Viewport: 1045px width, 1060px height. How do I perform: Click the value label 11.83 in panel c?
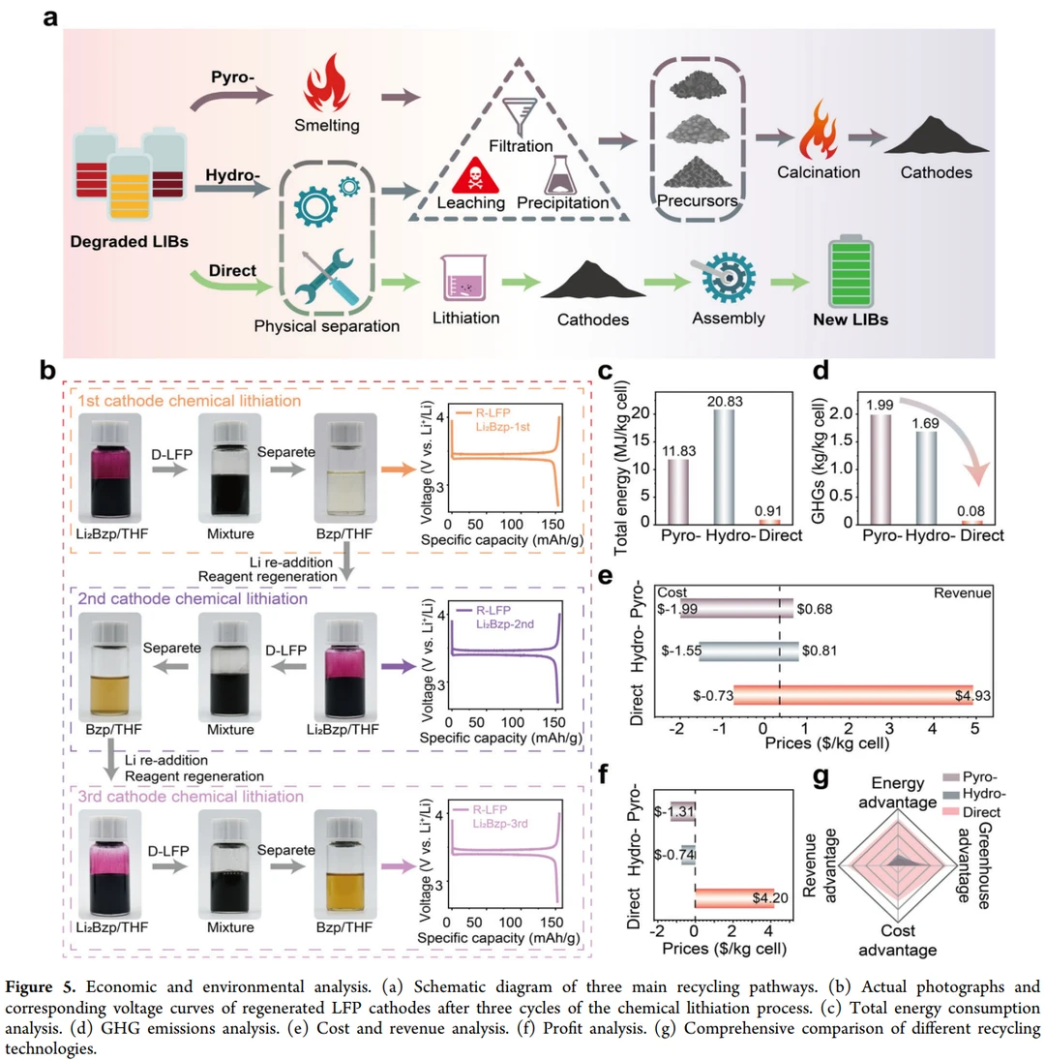click(677, 442)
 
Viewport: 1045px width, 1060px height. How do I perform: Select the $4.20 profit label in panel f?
click(770, 897)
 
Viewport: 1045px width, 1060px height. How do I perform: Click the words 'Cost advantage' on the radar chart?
click(897, 938)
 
